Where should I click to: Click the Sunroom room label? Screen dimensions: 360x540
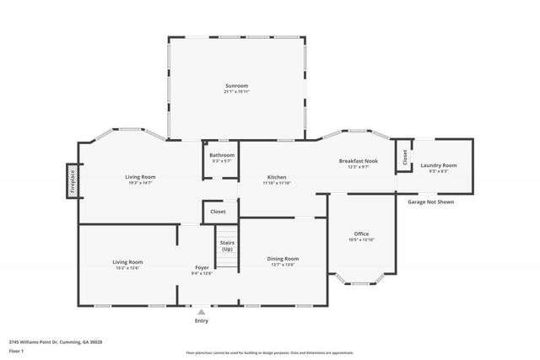(x=237, y=85)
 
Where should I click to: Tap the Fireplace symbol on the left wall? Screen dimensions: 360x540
(x=72, y=181)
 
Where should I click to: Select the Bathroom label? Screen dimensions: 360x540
(x=222, y=155)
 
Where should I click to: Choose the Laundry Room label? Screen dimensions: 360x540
(x=438, y=165)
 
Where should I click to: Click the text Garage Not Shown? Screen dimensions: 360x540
(x=430, y=202)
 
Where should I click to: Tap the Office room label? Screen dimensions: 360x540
(x=361, y=234)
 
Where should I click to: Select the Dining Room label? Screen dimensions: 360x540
(x=283, y=259)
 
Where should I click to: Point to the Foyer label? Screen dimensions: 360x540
(x=202, y=267)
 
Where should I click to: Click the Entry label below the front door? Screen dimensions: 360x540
(x=202, y=320)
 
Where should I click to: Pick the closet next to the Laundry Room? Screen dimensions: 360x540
(x=404, y=156)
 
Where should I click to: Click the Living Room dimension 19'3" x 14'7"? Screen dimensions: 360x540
(x=140, y=183)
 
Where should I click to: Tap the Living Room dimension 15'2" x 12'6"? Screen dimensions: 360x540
(x=127, y=268)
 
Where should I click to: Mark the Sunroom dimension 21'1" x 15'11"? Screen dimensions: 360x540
(x=237, y=91)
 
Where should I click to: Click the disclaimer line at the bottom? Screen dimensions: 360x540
(x=271, y=353)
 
